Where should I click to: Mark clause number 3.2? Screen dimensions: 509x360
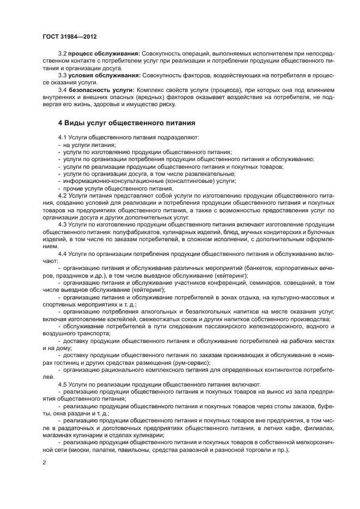(x=62, y=53)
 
